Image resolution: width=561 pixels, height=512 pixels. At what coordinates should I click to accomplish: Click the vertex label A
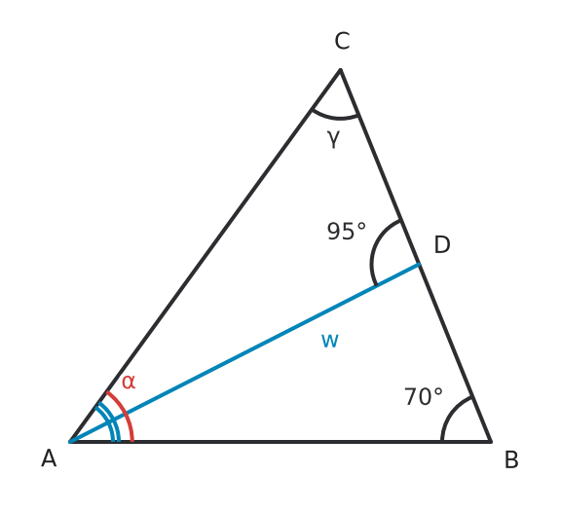click(x=49, y=458)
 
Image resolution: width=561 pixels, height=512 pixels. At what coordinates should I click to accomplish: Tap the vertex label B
click(x=511, y=459)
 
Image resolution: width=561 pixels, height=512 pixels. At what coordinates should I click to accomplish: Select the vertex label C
click(x=342, y=41)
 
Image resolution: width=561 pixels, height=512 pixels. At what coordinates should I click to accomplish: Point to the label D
click(x=442, y=245)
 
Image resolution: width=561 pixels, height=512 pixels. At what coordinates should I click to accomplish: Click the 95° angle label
click(x=347, y=231)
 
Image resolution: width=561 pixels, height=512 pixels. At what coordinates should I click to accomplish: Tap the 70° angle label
click(x=424, y=396)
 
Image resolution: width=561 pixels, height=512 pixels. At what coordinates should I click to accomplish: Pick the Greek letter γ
click(x=333, y=139)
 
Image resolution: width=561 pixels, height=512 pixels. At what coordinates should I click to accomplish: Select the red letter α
click(x=129, y=382)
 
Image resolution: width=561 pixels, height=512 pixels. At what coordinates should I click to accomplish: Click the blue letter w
click(x=329, y=341)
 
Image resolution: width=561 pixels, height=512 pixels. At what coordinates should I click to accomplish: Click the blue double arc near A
click(x=109, y=421)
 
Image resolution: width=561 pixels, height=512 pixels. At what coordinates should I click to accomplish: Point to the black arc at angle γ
click(x=334, y=117)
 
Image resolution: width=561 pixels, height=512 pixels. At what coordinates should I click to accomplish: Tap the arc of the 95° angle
click(x=373, y=251)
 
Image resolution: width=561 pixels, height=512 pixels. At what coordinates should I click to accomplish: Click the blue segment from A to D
click(x=244, y=353)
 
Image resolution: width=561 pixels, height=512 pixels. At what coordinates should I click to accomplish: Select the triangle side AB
click(x=280, y=442)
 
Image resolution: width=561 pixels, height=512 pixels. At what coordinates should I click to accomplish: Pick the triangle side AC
click(x=205, y=255)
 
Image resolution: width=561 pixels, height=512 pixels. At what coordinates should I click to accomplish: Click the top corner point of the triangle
click(x=340, y=69)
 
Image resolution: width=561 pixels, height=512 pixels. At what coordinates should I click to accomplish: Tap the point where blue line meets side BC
click(x=420, y=264)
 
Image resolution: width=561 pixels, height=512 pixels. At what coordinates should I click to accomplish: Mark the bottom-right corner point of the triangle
click(x=491, y=442)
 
